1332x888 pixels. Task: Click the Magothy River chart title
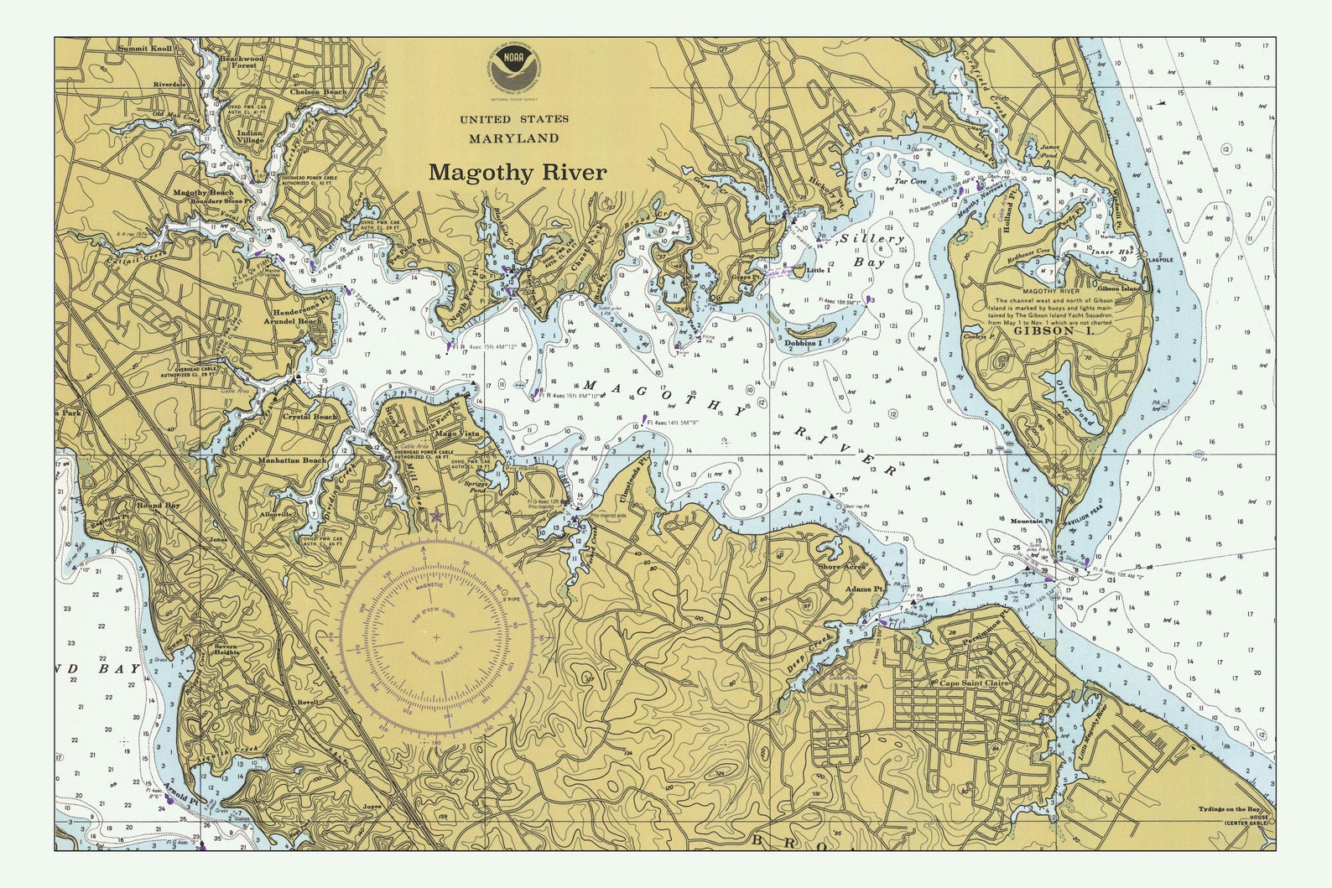(517, 173)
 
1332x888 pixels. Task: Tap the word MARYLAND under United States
(513, 138)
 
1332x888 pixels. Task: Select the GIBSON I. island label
(1044, 330)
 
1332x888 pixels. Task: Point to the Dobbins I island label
(803, 344)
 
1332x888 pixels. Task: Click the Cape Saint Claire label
(974, 683)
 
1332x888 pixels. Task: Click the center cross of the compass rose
(436, 638)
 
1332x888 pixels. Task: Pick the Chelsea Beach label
(318, 92)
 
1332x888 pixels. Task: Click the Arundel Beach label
(293, 321)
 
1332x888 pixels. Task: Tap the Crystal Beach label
(310, 417)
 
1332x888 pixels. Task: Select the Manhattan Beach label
(293, 460)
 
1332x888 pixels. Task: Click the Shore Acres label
(841, 567)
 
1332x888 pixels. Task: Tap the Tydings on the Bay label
(1229, 809)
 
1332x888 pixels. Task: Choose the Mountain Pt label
(1032, 521)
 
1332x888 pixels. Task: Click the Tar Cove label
(910, 181)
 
